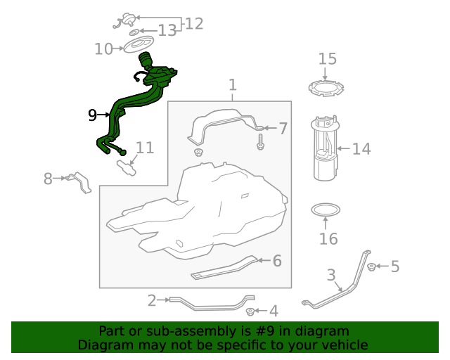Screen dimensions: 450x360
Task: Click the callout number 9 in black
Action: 92,115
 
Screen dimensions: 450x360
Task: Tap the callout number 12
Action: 194,23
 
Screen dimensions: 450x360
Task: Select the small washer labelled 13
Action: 134,32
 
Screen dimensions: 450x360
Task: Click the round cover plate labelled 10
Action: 139,44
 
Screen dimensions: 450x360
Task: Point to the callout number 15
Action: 328,59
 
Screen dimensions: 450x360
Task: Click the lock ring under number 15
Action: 326,89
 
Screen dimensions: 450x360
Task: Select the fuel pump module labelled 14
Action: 325,148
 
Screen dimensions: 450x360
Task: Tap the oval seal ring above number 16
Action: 326,210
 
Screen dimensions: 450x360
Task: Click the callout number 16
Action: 328,239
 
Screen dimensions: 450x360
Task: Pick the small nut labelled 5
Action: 372,266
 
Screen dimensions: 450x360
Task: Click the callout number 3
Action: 331,275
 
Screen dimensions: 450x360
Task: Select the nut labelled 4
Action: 250,311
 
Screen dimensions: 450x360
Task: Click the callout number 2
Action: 152,300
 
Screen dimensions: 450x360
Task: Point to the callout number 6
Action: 277,261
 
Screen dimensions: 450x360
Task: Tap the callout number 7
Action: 283,129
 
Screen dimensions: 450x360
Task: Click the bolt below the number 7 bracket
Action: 261,142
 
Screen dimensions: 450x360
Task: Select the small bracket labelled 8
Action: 78,183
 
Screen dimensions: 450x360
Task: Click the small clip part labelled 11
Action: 127,168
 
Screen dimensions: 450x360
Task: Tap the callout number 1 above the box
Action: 233,85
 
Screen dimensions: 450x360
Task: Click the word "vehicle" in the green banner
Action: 345,345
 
